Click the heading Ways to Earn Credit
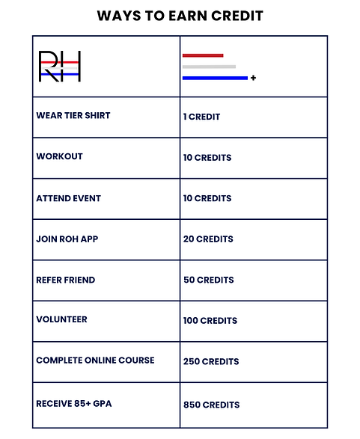click(x=180, y=15)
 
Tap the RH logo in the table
click(x=60, y=67)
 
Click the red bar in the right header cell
click(x=203, y=55)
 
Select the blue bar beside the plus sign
click(x=215, y=78)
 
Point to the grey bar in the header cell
click(x=209, y=67)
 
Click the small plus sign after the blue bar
click(x=254, y=78)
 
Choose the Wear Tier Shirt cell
click(x=73, y=116)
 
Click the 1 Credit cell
click(x=201, y=117)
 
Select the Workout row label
click(x=59, y=157)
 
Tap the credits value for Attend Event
click(x=207, y=198)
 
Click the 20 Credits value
click(x=208, y=239)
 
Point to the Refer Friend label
click(x=65, y=280)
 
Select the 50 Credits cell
click(x=208, y=280)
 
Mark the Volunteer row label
click(x=61, y=319)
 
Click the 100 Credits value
click(x=210, y=320)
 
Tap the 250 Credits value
click(x=210, y=361)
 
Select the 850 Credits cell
click(x=211, y=405)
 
